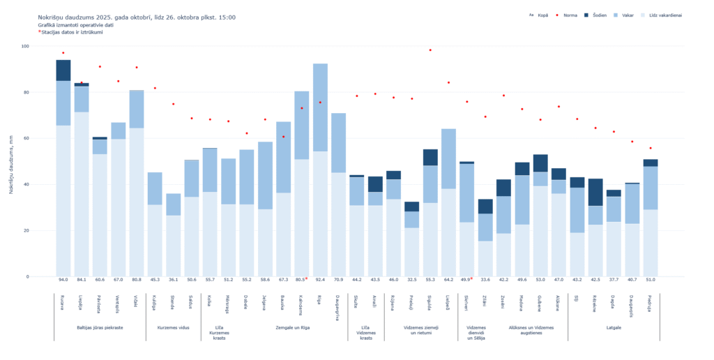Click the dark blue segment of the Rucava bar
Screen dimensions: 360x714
(63, 70)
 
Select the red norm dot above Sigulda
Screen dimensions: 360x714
(430, 50)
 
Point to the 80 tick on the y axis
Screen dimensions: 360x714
(26, 92)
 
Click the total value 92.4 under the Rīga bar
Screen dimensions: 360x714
(320, 280)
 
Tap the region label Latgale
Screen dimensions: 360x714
(614, 327)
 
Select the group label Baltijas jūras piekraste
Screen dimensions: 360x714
(100, 327)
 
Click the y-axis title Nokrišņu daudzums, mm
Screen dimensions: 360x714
(11, 161)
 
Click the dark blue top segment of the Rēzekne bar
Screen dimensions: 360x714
(595, 192)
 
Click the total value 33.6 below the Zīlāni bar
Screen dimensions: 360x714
(485, 280)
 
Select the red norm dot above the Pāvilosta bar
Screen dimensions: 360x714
(100, 66)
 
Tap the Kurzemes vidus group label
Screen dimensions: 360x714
(173, 327)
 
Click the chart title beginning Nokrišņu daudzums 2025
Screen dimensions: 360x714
(136, 17)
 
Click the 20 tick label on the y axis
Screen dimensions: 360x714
(26, 230)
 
